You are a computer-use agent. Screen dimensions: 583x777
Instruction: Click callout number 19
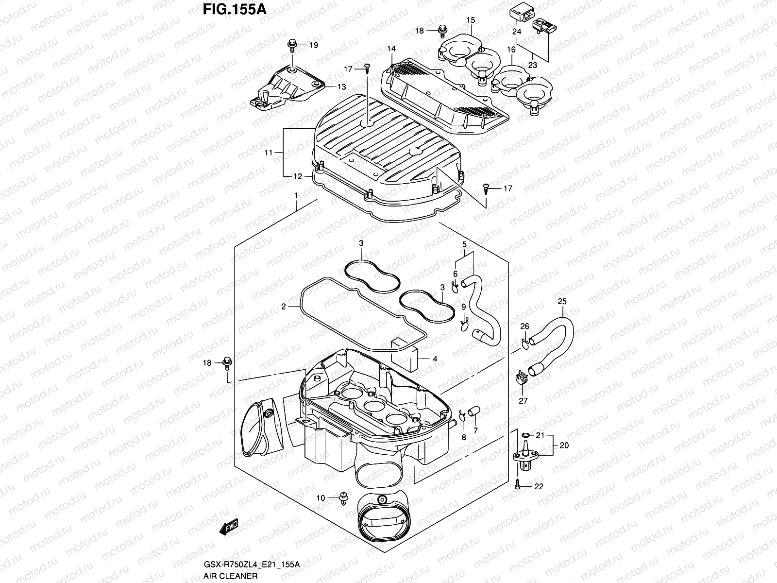(x=314, y=45)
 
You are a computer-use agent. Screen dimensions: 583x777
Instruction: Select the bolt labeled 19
(x=293, y=46)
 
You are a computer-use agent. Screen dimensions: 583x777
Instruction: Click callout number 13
(x=342, y=86)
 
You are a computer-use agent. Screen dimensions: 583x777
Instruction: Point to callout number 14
(x=391, y=49)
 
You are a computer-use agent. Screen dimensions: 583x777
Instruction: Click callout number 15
(x=471, y=20)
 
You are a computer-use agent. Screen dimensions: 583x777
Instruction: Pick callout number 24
(x=516, y=32)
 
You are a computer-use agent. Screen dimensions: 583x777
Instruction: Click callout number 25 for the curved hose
(x=562, y=302)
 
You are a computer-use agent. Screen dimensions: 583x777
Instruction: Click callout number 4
(x=435, y=359)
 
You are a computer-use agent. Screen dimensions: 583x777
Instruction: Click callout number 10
(x=320, y=498)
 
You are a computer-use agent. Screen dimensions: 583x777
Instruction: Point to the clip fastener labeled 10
(x=344, y=498)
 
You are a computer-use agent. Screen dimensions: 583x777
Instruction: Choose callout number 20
(x=563, y=445)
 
